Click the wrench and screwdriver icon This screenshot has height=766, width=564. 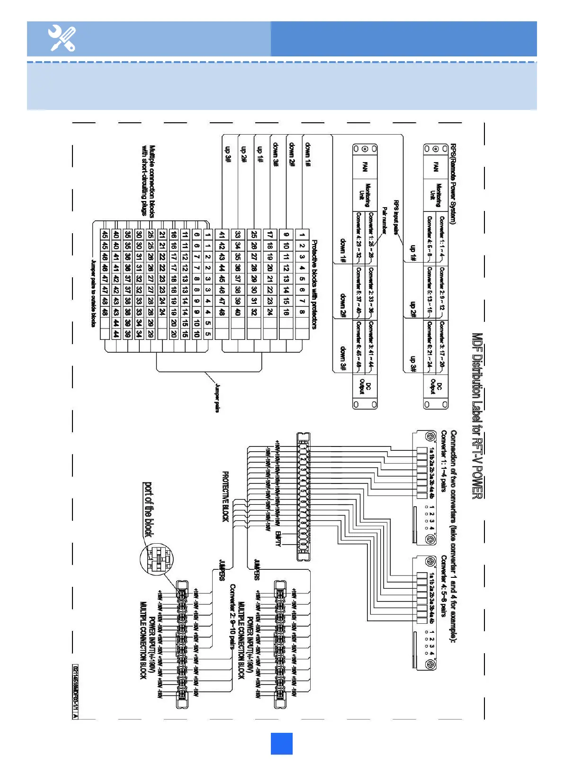pyautogui.click(x=62, y=39)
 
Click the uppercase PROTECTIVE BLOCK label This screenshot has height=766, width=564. pyautogui.click(x=226, y=497)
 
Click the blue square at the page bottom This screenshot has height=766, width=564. pyautogui.click(x=281, y=743)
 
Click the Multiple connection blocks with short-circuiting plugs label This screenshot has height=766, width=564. pyautogui.click(x=148, y=181)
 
